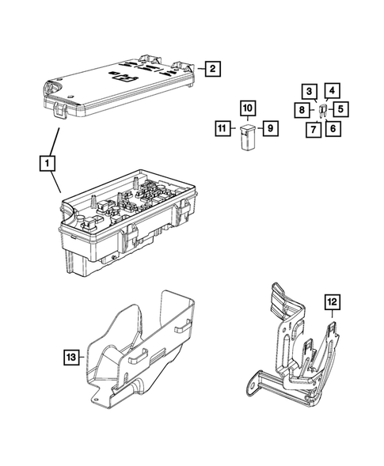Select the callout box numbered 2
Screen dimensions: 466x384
coord(212,70)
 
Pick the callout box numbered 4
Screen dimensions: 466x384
coord(333,91)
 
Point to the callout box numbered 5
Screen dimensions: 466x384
coord(340,109)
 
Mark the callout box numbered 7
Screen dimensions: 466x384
coord(313,128)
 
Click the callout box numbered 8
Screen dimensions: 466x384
coord(304,109)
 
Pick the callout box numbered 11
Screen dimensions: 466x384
coord(223,127)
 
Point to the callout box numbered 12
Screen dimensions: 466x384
coord(333,301)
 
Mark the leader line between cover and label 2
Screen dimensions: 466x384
coord(200,70)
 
